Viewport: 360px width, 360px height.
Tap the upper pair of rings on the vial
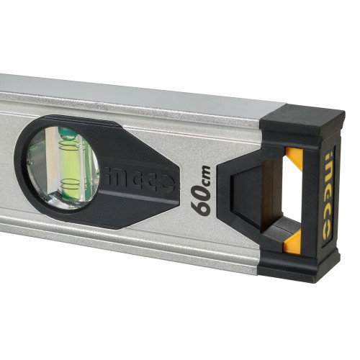tap(69, 145)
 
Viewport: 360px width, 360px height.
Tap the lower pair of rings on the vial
tap(70, 184)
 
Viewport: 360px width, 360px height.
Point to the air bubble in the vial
tap(68, 134)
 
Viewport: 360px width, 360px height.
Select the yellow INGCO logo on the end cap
tap(328, 195)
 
